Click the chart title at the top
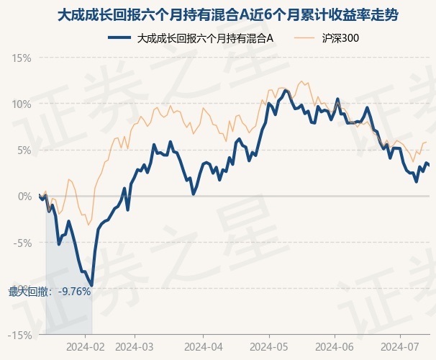coord(217,15)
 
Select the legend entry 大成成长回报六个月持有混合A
coord(205,38)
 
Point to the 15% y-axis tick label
coord(22,58)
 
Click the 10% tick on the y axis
coord(22,104)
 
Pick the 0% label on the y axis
coord(25,196)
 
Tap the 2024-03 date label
coord(135,346)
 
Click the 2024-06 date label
coord(335,346)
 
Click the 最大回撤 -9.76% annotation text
coord(50,292)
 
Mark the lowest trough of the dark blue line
coord(91,286)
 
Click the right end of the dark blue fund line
coord(430,166)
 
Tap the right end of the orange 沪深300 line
coord(427,143)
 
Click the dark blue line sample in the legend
coord(119,38)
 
